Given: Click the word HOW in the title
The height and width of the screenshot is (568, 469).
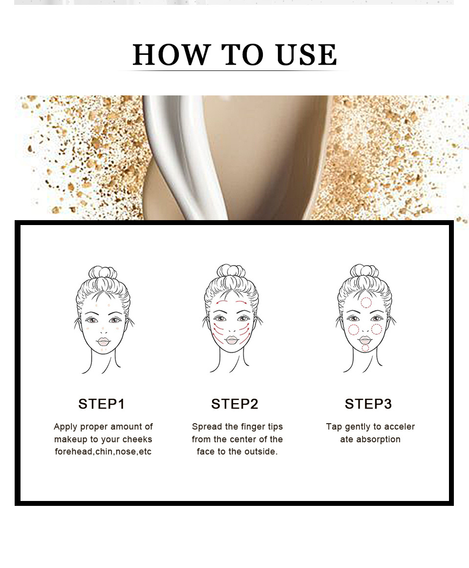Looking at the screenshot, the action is pos(171,55).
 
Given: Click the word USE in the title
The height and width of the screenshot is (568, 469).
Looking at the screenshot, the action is pos(306,55).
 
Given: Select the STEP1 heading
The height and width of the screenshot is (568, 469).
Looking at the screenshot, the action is pos(101,404).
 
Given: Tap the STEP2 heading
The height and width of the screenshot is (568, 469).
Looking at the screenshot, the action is pos(234,404).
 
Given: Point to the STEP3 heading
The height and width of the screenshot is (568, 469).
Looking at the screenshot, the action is pos(368,404).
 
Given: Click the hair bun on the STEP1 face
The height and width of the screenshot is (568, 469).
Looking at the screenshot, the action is pos(103,273).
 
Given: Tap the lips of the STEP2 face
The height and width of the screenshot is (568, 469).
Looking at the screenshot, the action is pos(232,340).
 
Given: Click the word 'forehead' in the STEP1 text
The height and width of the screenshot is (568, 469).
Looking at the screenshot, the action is pos(73,452).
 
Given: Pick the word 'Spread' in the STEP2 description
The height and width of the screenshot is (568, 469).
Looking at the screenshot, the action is pos(205,427).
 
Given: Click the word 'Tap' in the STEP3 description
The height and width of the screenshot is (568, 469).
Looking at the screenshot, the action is pos(334,427).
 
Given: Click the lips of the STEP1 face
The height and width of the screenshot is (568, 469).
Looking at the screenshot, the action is pos(104,341).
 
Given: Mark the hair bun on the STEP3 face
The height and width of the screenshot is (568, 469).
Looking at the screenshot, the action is pos(364,271).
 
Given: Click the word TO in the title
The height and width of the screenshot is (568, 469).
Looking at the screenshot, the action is pos(242,55).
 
